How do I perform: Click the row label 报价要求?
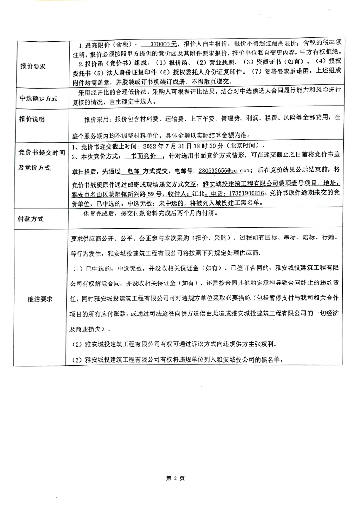(33, 66)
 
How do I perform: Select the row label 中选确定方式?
(38, 98)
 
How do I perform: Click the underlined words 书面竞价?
(144, 156)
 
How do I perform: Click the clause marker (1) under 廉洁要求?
(77, 268)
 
